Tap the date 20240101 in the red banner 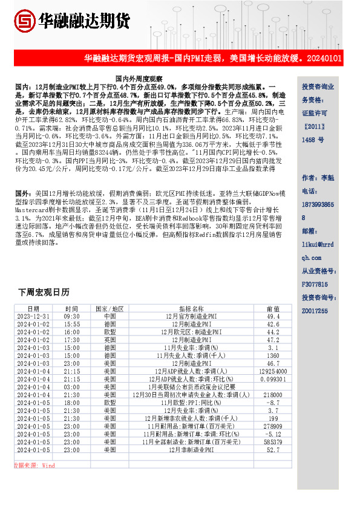tap(326, 59)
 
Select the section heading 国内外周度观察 tap(139, 79)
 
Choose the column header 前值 tap(273, 308)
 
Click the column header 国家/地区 tap(110, 308)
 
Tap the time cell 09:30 tap(71, 316)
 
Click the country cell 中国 tap(110, 316)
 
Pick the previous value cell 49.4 tap(273, 316)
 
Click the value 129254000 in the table tap(273, 371)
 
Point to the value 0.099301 tap(273, 379)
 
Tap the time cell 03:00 tap(71, 387)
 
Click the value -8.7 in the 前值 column tap(273, 403)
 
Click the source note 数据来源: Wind tap(34, 465)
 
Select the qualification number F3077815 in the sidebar tap(315, 284)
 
